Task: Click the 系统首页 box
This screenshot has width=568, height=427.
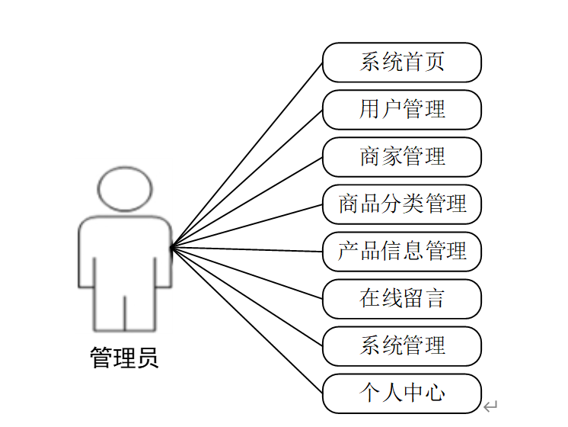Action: tap(402, 63)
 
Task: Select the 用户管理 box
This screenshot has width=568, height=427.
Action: tap(402, 110)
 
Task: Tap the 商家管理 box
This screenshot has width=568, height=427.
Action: tap(402, 157)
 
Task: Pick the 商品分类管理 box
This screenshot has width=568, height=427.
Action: tap(402, 204)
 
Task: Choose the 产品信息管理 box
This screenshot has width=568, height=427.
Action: tap(402, 252)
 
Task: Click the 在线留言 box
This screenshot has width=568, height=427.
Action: tap(402, 299)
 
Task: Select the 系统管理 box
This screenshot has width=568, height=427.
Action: tap(402, 346)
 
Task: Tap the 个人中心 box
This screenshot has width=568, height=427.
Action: tap(402, 393)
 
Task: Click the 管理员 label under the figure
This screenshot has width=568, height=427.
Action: tap(125, 358)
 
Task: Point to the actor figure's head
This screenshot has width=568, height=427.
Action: tap(125, 188)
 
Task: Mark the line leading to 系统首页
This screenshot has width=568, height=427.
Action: tap(247, 155)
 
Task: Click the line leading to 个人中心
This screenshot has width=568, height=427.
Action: tap(247, 320)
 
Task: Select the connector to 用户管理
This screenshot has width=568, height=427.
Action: tap(247, 178)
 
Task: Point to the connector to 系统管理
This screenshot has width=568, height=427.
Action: tap(247, 297)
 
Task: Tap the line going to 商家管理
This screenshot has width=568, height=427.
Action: tap(247, 202)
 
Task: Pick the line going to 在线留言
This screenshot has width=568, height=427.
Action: tap(247, 273)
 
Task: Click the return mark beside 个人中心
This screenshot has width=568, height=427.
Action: tap(491, 406)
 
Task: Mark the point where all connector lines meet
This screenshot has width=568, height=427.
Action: tap(171, 247)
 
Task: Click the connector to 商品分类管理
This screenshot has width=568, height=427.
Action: tap(247, 226)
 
